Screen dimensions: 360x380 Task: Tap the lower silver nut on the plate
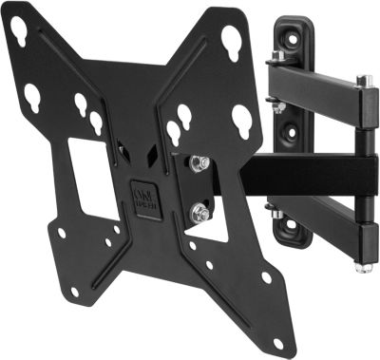[x=199, y=213]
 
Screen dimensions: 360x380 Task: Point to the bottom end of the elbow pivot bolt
[x=361, y=266]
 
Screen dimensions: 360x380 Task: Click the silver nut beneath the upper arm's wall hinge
[x=278, y=106]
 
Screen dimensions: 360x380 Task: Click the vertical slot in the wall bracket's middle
[x=284, y=142]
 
